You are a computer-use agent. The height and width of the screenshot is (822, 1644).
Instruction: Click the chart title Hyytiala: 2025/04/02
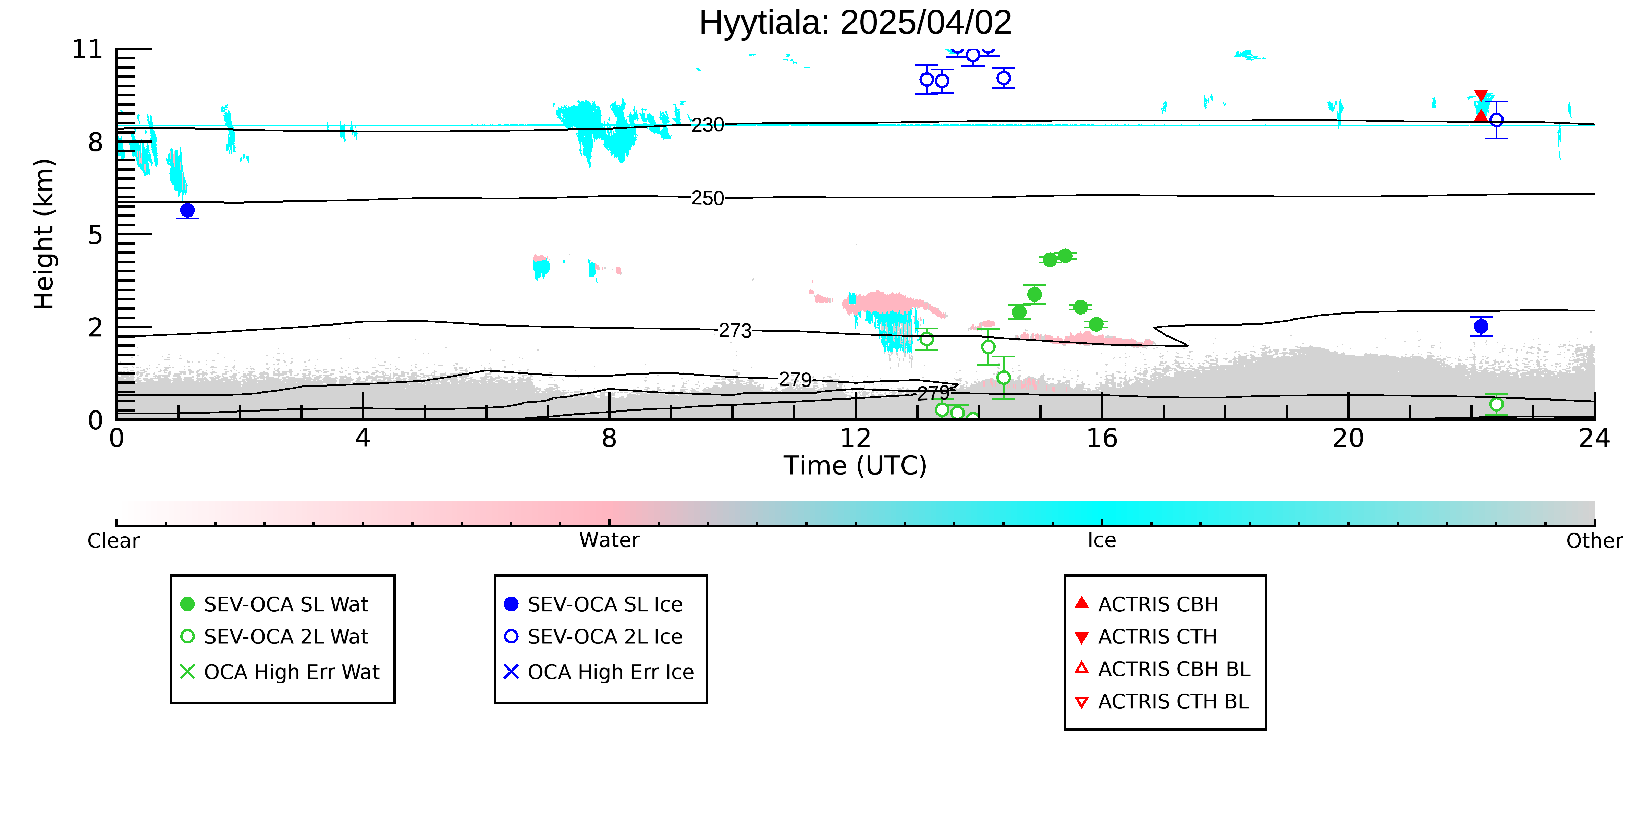(x=855, y=23)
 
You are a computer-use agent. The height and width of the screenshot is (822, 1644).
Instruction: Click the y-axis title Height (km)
(x=44, y=234)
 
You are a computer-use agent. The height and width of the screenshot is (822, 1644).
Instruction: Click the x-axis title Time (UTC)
(x=855, y=466)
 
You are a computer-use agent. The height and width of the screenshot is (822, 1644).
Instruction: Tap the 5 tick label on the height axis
(x=95, y=235)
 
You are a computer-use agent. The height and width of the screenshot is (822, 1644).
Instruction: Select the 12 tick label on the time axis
(x=855, y=439)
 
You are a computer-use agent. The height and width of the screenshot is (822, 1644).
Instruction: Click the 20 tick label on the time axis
(x=1348, y=439)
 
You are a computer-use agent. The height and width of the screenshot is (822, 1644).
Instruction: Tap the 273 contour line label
(x=735, y=331)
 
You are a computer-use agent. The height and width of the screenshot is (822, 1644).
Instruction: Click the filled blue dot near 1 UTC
(x=187, y=210)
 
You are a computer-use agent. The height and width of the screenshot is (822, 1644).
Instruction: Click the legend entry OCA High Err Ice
(x=599, y=672)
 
